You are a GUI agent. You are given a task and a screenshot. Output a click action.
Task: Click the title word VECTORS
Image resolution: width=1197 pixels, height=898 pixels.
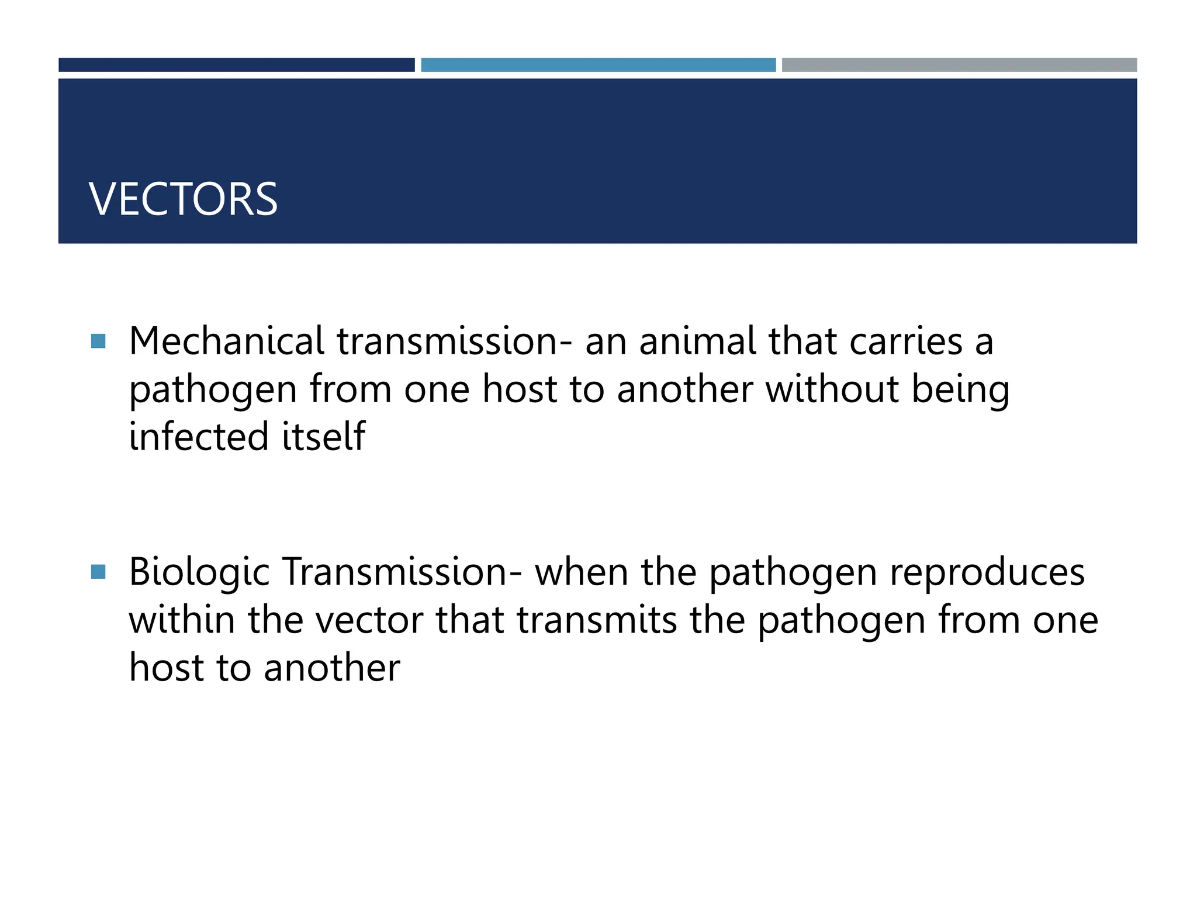click(x=183, y=199)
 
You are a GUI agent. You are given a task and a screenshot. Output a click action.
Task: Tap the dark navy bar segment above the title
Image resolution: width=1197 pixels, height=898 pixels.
click(x=236, y=65)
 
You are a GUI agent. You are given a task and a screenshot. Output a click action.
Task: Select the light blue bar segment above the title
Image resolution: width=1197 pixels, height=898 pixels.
click(x=598, y=65)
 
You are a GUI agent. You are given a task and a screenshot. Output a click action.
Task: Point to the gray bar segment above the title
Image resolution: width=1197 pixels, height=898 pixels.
click(x=959, y=65)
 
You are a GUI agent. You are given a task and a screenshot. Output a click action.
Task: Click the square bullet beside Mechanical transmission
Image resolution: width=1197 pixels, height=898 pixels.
click(x=99, y=341)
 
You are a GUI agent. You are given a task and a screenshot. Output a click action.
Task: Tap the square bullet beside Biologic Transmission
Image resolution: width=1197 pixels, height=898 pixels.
click(x=99, y=571)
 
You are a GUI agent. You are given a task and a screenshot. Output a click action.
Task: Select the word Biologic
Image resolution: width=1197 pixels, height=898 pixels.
click(x=199, y=573)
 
